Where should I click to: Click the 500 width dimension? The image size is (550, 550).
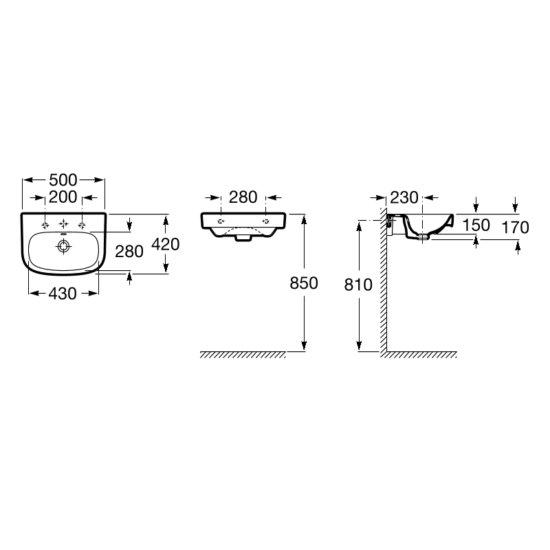63,180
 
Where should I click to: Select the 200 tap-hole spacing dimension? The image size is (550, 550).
63,197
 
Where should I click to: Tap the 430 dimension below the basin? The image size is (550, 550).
63,294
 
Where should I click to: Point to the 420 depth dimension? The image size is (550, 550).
165,244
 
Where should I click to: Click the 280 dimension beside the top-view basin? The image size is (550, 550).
129,252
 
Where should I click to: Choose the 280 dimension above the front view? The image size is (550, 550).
243,197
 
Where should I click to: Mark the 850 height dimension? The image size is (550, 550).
304,283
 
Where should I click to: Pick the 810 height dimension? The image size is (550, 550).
358,285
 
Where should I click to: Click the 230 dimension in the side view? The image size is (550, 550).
404,198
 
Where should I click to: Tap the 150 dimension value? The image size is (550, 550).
476,225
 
